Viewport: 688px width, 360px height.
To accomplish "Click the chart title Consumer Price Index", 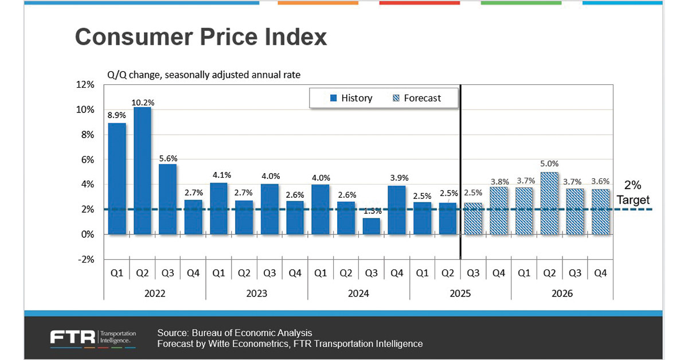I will [x=201, y=37].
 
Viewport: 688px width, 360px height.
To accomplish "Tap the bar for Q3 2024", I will [x=372, y=226].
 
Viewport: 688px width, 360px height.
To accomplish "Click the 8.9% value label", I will [x=117, y=115].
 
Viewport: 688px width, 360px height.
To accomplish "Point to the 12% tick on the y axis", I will [x=86, y=85].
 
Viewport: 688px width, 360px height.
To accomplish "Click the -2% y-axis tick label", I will [x=86, y=260].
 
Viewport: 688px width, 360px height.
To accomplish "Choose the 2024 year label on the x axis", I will [x=358, y=294].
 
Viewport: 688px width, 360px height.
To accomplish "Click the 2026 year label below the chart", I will [x=562, y=294].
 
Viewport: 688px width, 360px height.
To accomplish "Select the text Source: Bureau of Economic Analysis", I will [x=234, y=333].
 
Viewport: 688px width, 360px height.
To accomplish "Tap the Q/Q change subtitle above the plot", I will [x=204, y=75].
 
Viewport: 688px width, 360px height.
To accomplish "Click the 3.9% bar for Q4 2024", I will [x=397, y=210].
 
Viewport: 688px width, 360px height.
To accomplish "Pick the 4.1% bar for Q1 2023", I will [x=218, y=209].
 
